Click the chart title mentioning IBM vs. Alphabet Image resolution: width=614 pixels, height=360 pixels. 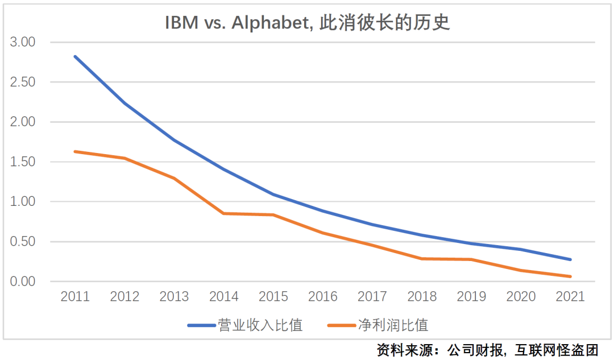307,22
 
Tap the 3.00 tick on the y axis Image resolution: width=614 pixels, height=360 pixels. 23,42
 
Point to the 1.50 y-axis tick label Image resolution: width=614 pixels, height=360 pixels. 23,162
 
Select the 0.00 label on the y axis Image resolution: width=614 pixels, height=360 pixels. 23,282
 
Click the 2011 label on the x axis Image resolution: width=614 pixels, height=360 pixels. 75,296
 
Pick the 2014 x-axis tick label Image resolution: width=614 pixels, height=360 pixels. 223,296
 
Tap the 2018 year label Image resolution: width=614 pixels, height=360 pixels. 422,296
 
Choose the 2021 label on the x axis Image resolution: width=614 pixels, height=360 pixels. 570,296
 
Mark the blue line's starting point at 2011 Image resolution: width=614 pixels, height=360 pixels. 75,56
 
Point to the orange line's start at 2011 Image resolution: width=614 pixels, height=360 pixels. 75,151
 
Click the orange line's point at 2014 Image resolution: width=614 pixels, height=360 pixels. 223,213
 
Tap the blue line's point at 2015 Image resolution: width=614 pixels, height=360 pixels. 273,195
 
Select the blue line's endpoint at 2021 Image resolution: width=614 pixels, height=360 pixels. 570,259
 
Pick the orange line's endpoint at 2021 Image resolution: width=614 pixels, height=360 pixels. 570,276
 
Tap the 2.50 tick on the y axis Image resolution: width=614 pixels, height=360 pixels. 23,82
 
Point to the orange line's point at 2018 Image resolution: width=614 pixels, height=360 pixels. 422,259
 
